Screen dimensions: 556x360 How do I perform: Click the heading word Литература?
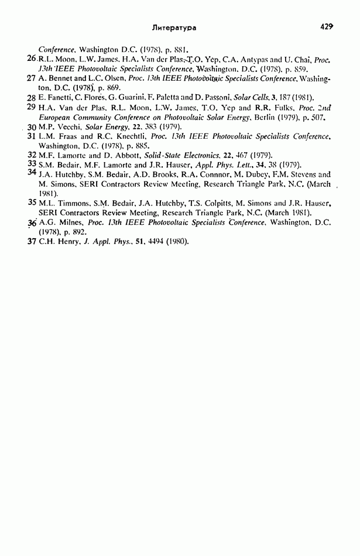173,27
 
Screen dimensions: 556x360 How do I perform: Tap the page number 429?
327,26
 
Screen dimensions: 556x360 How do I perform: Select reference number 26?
32,59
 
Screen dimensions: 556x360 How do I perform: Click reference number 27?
32,78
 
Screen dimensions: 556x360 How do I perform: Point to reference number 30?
32,126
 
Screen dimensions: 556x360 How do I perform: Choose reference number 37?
32,241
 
